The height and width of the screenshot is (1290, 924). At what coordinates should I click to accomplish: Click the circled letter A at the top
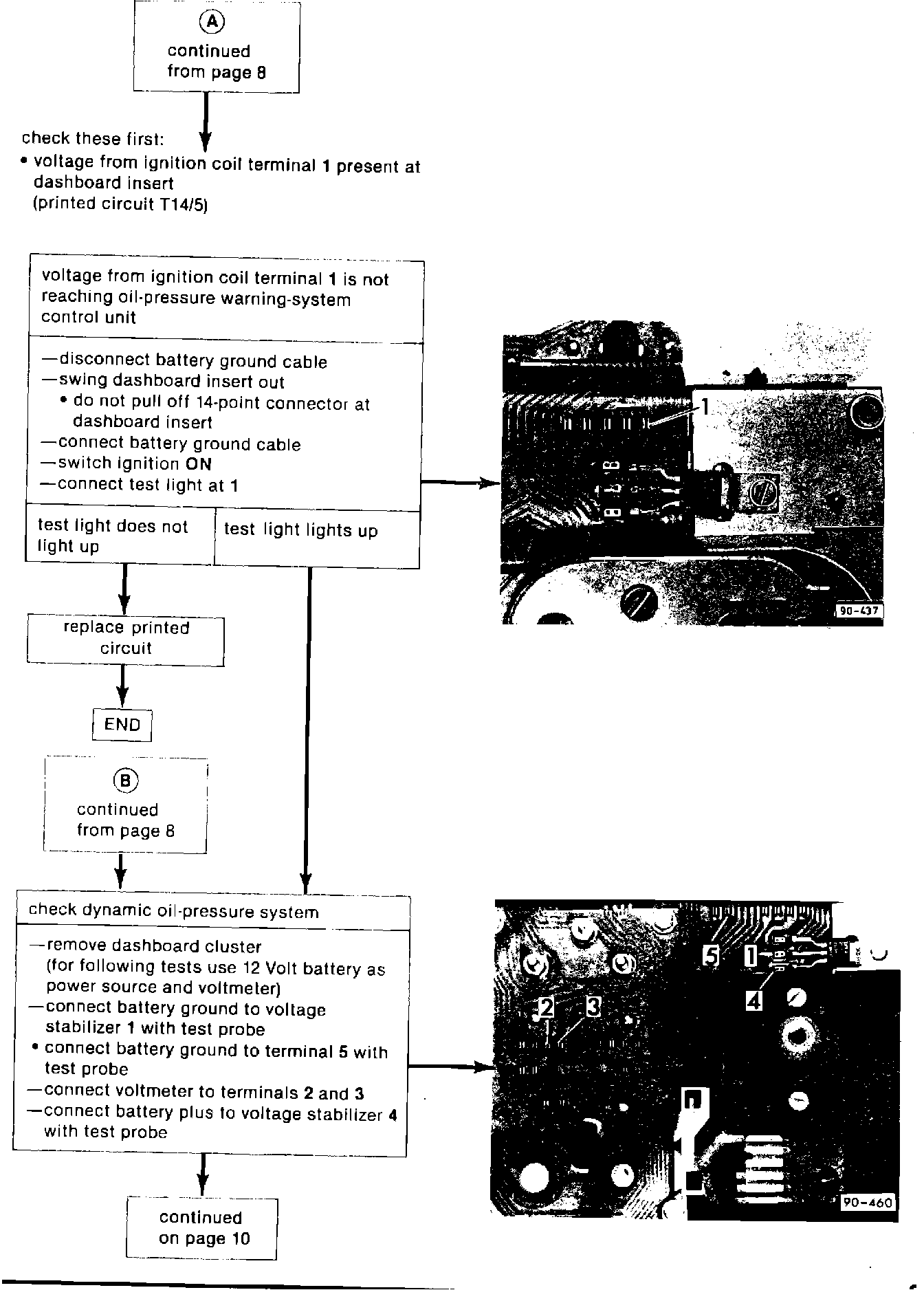coord(212,22)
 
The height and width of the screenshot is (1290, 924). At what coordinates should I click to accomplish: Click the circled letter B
coord(125,780)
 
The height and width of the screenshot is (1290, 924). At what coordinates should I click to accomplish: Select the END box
coord(122,725)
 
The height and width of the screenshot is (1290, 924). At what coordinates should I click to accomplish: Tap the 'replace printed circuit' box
coord(126,639)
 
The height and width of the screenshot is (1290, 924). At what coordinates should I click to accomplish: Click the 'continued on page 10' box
coord(201,1228)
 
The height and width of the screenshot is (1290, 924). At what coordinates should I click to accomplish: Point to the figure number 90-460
coord(868,1202)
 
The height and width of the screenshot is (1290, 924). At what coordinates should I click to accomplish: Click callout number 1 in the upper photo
coord(705,407)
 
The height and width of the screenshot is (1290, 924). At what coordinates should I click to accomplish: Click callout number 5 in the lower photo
coord(711,955)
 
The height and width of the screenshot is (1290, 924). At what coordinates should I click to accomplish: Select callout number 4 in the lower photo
coord(754,1002)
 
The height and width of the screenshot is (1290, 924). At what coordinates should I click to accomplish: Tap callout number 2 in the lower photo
coord(547,1007)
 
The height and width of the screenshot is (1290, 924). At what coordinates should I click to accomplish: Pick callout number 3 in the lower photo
coord(593,1007)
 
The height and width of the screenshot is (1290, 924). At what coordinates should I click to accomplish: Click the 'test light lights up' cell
coord(301,531)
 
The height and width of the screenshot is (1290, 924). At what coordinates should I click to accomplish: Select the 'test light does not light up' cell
coord(113,536)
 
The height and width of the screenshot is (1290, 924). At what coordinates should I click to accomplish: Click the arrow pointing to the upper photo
coord(461,483)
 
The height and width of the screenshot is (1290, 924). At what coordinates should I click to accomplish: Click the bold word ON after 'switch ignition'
coord(198,464)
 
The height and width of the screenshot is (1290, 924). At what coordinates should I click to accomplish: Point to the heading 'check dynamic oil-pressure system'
coord(173,912)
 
